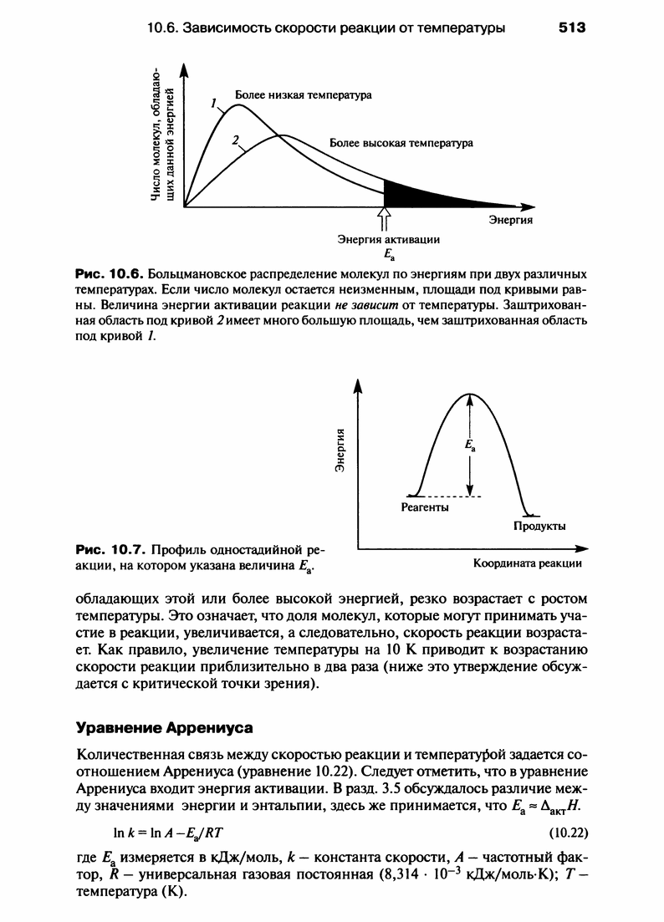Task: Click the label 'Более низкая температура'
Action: point(303,95)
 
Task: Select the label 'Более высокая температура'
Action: point(401,143)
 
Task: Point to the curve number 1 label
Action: point(214,104)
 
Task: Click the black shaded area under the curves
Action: point(418,195)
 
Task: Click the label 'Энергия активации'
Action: point(388,240)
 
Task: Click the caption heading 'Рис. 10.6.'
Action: point(110,274)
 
